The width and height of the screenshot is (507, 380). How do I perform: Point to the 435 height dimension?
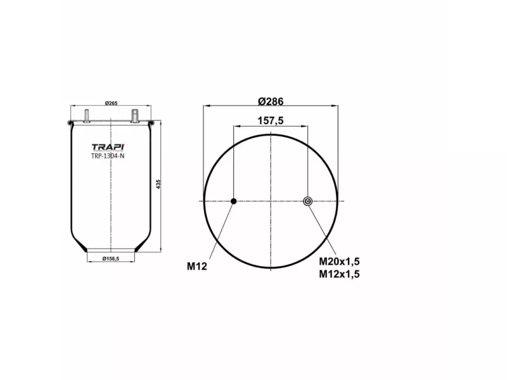point(158,184)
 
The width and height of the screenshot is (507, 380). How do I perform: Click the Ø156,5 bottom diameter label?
point(110,259)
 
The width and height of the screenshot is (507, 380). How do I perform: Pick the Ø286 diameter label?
point(271,101)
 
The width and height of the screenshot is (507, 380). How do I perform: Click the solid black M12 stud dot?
point(233,201)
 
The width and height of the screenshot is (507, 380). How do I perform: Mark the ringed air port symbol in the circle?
point(307,201)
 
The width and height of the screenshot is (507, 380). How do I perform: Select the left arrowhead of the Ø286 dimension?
point(205,107)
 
